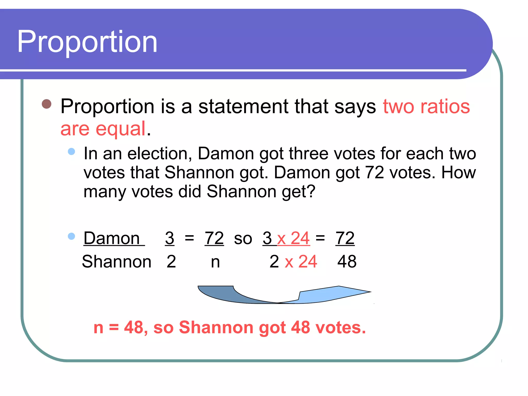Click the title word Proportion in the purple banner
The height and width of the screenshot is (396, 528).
(x=87, y=42)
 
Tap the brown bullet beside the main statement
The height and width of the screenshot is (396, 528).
(x=47, y=104)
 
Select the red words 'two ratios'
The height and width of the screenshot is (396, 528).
(x=426, y=106)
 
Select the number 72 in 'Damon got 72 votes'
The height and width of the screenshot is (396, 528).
(x=375, y=172)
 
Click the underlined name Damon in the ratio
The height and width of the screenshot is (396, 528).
(x=112, y=238)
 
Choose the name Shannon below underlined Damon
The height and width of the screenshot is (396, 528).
(x=117, y=262)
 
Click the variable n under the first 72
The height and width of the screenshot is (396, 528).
(x=215, y=262)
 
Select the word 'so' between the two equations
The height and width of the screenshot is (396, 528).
(x=243, y=238)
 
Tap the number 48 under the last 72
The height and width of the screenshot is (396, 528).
(x=347, y=262)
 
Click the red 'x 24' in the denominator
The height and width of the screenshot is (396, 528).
(x=301, y=262)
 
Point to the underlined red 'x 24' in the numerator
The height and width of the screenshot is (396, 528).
(x=293, y=238)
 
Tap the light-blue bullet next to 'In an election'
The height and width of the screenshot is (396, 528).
(x=71, y=151)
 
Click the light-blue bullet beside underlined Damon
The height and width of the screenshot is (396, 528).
(x=71, y=236)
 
